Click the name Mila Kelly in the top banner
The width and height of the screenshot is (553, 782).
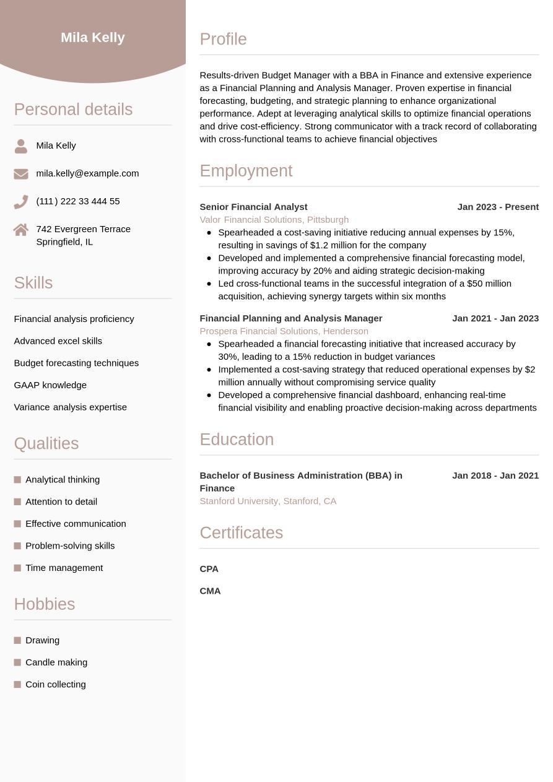(x=93, y=38)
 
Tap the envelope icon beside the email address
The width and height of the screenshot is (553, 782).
(x=21, y=174)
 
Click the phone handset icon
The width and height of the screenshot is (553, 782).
(x=21, y=202)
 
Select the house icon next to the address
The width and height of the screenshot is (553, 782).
(x=21, y=230)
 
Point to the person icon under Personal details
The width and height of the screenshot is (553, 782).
(x=21, y=146)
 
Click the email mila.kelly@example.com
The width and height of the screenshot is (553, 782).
(x=87, y=173)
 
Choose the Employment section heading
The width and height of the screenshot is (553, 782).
(x=246, y=171)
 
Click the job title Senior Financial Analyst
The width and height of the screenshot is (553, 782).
(x=253, y=207)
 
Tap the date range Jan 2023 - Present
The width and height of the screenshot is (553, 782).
(x=498, y=207)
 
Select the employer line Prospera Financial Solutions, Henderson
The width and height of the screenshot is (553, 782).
(x=284, y=331)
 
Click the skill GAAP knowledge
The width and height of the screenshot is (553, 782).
(x=50, y=385)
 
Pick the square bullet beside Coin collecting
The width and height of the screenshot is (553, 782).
(x=17, y=684)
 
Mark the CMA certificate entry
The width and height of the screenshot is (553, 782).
(x=210, y=591)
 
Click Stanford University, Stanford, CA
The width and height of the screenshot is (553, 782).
(x=268, y=501)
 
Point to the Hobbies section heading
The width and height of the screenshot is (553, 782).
(x=45, y=604)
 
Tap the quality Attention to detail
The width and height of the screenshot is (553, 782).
(x=61, y=502)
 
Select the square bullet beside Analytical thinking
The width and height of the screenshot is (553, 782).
(x=17, y=480)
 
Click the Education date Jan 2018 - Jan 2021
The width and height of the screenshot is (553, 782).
(x=495, y=476)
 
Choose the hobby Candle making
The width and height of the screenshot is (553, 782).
(x=56, y=663)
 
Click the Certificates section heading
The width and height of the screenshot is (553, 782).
(x=241, y=533)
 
